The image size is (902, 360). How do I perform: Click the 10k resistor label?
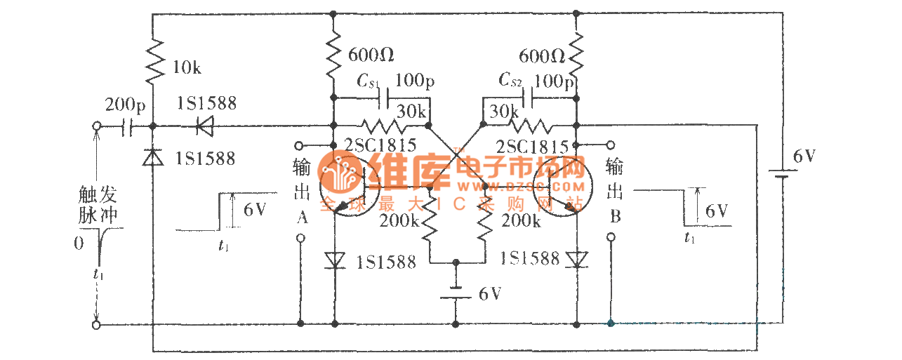[x=187, y=68]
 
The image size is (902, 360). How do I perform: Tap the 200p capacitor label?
[x=126, y=106]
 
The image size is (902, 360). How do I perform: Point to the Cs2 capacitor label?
[x=510, y=81]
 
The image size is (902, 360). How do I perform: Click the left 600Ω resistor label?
[x=371, y=53]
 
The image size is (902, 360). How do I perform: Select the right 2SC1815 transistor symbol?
[x=562, y=186]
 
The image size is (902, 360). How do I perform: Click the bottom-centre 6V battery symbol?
[x=456, y=293]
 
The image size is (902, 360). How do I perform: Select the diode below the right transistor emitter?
[x=576, y=260]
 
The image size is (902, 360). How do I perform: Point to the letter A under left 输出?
[x=302, y=218]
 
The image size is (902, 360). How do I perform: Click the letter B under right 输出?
[x=615, y=216]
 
